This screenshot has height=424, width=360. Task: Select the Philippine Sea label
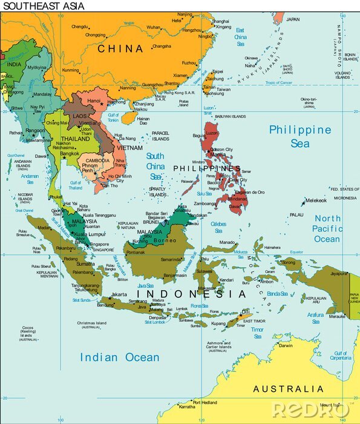[x=300, y=136]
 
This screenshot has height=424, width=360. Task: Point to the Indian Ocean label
[x=120, y=357]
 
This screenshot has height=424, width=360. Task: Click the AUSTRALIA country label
[x=288, y=389]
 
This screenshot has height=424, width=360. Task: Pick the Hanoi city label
[x=94, y=101]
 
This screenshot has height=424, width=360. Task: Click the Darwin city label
[x=286, y=346]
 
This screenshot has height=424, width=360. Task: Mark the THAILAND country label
[x=75, y=139]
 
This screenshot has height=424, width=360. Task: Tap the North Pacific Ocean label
[x=327, y=228]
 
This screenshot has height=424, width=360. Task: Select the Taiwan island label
[x=223, y=89]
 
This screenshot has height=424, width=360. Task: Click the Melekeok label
[x=316, y=200]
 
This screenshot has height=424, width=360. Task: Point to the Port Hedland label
[x=205, y=402]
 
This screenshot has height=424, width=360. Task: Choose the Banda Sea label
[x=277, y=293]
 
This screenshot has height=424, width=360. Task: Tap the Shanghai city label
[x=221, y=21]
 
